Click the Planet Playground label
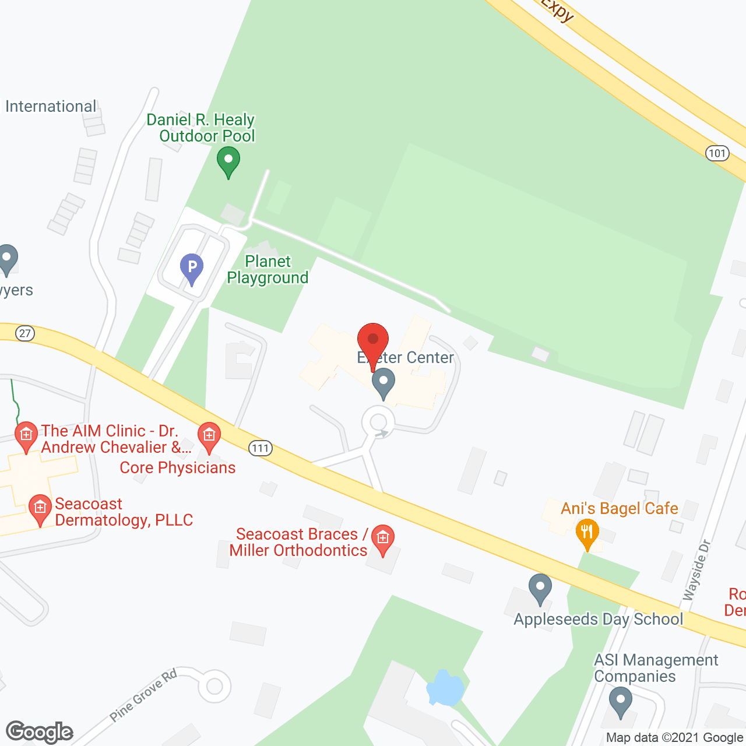click(x=268, y=269)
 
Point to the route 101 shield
click(x=717, y=153)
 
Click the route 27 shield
click(x=24, y=333)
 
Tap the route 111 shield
click(x=260, y=448)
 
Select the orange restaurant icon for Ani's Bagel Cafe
click(x=587, y=533)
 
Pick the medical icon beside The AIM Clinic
click(x=26, y=435)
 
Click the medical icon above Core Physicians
click(x=209, y=435)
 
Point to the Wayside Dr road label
click(x=697, y=571)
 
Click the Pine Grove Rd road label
click(x=143, y=695)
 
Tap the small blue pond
click(x=446, y=688)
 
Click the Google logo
click(x=39, y=732)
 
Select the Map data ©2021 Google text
click(x=674, y=738)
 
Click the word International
click(x=51, y=107)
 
